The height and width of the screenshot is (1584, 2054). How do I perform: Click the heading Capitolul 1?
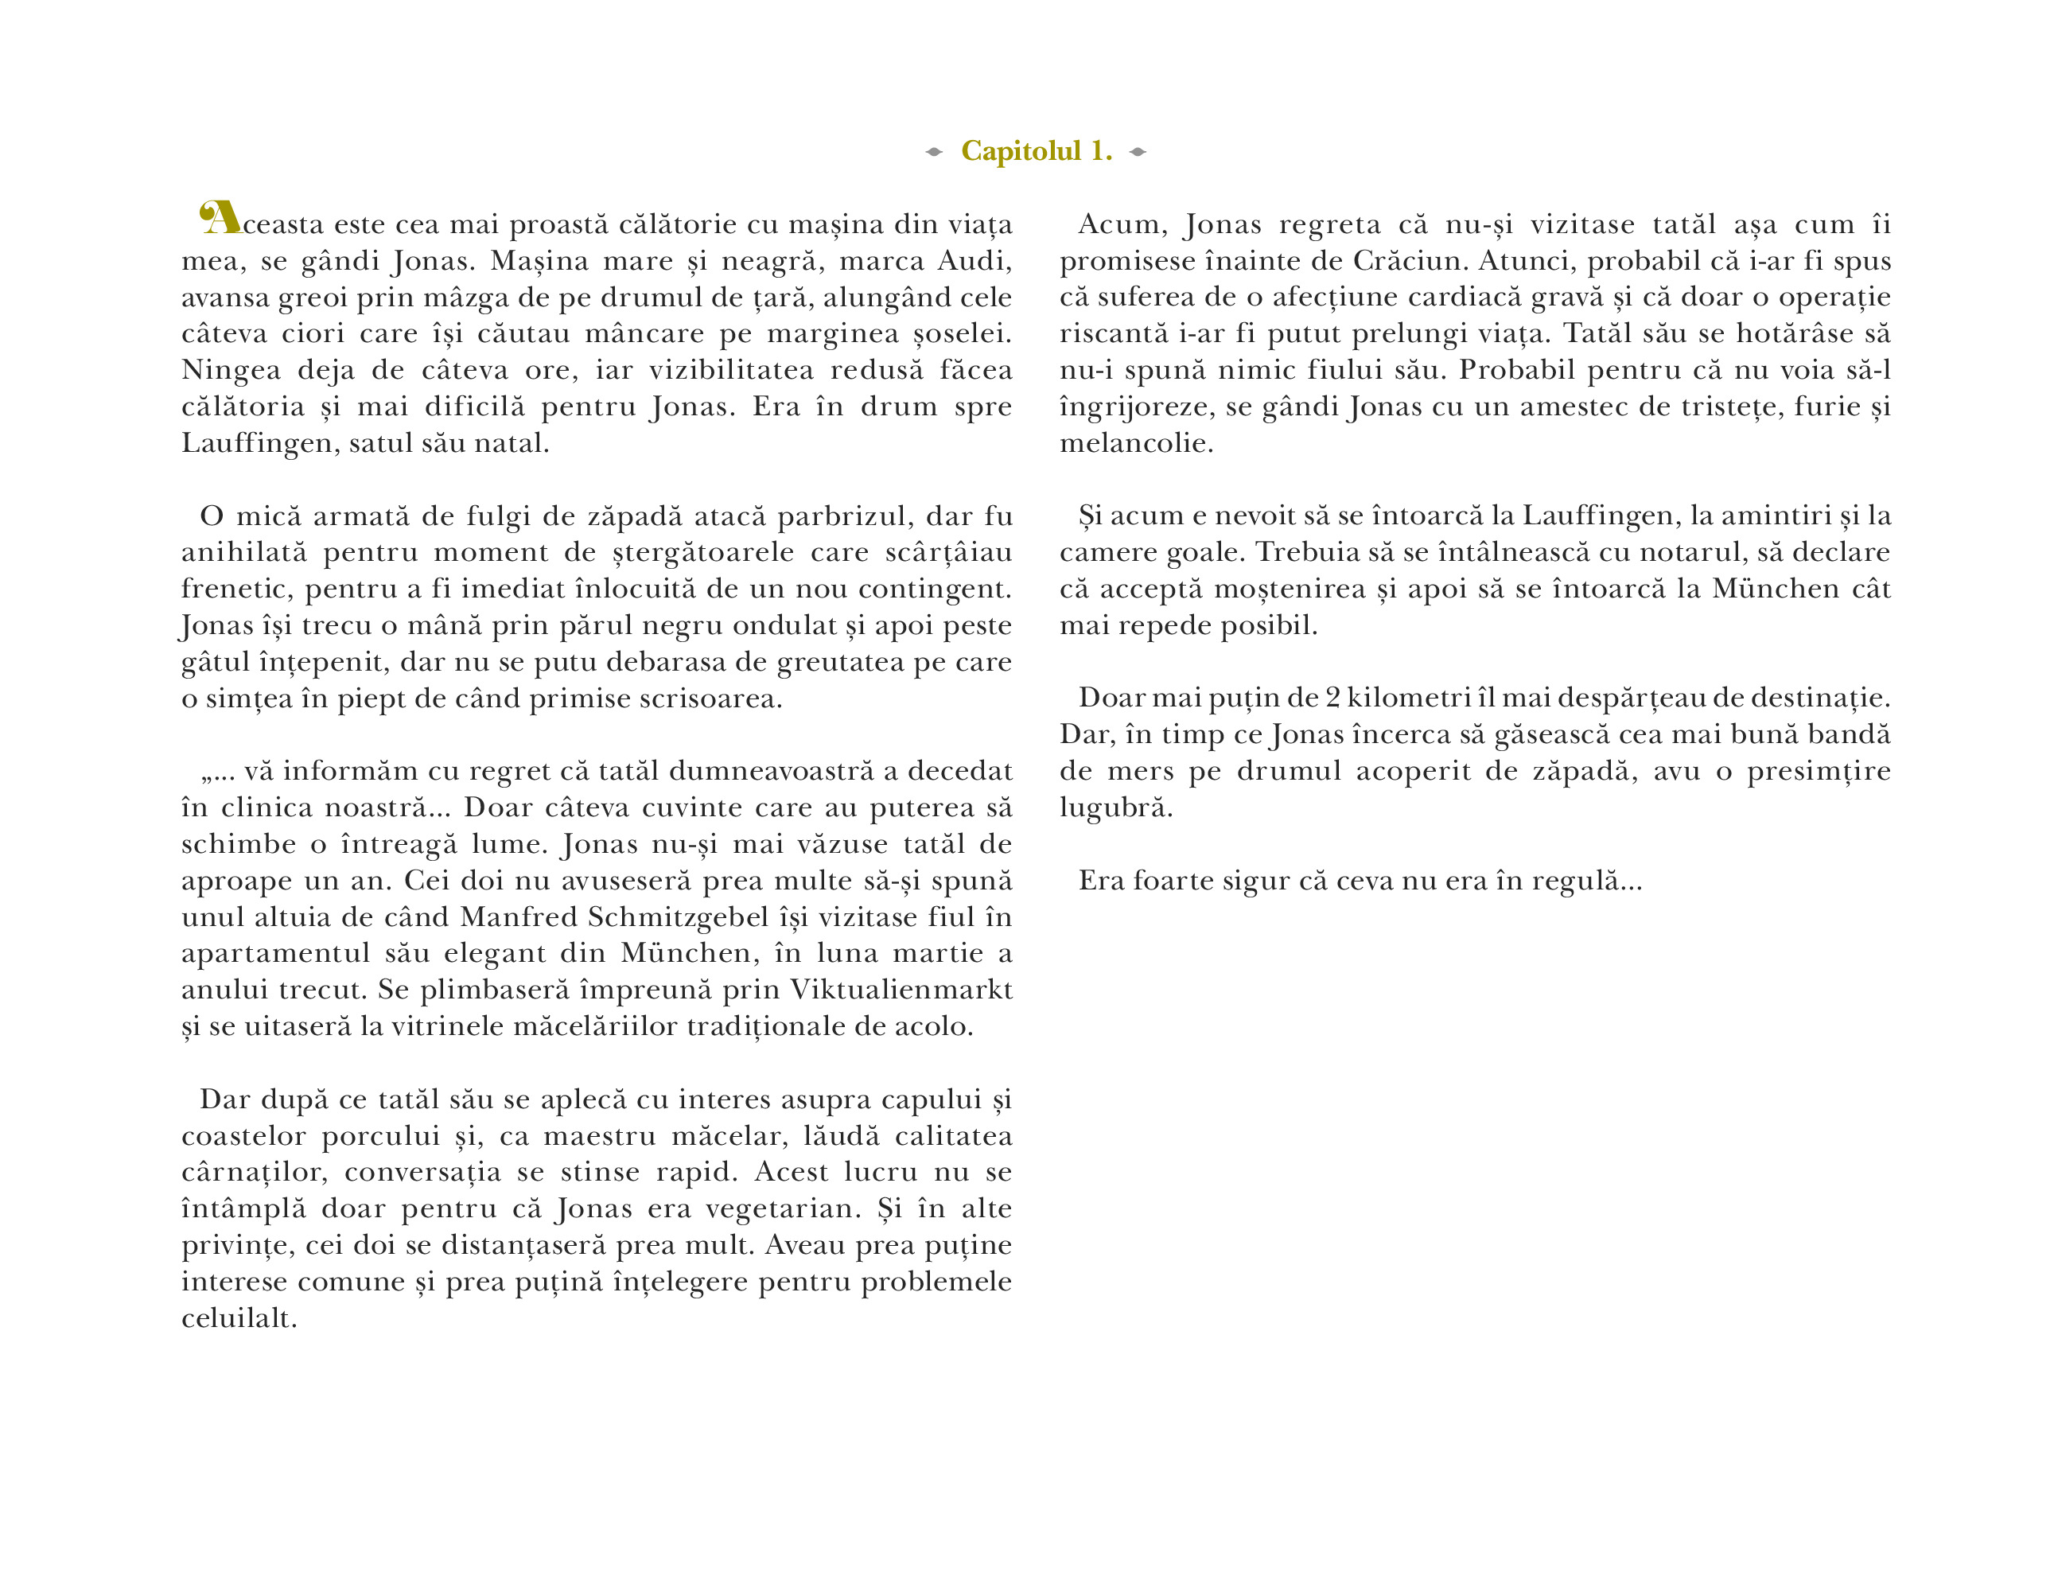click(1036, 150)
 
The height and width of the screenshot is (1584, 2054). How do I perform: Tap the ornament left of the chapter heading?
click(933, 151)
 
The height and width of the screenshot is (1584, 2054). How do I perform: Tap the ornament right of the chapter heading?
click(1138, 151)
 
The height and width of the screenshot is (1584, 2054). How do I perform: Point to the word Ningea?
click(231, 371)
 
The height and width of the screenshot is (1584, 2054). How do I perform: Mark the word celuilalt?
click(239, 1317)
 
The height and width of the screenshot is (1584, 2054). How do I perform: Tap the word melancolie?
click(1136, 443)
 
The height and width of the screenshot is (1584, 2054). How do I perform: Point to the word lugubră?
click(1115, 808)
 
